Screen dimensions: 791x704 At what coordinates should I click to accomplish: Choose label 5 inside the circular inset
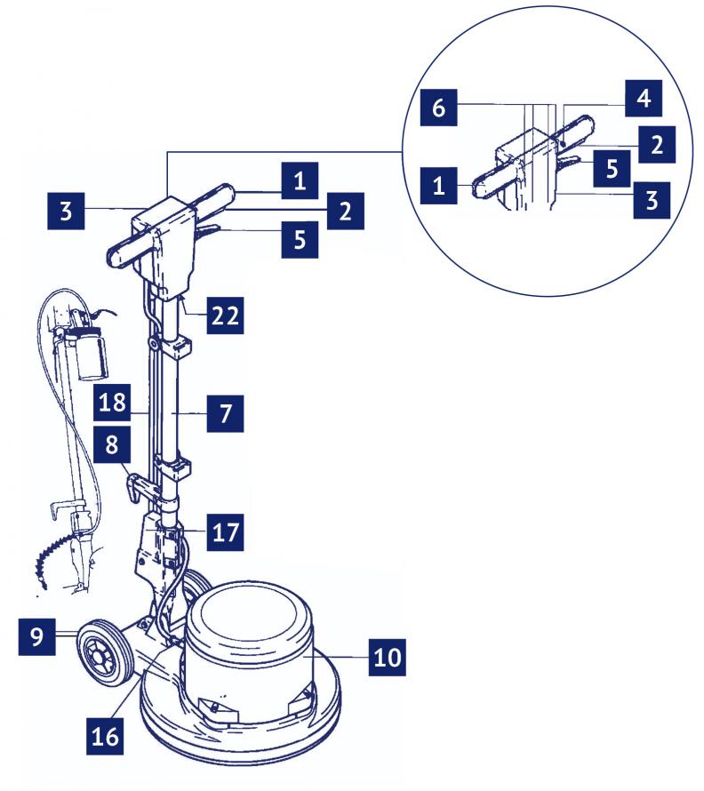pos(605,169)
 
